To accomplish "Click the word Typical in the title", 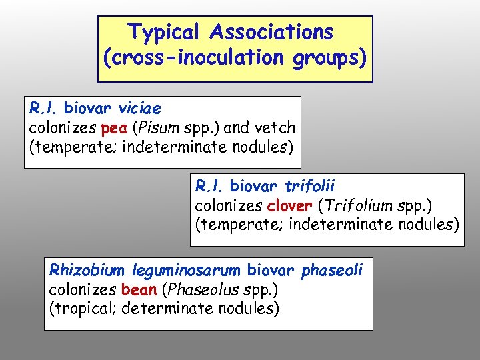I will (x=164, y=32).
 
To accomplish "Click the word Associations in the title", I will (x=271, y=32).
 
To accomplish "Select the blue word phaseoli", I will (x=332, y=270).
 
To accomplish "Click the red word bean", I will (x=139, y=289).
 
